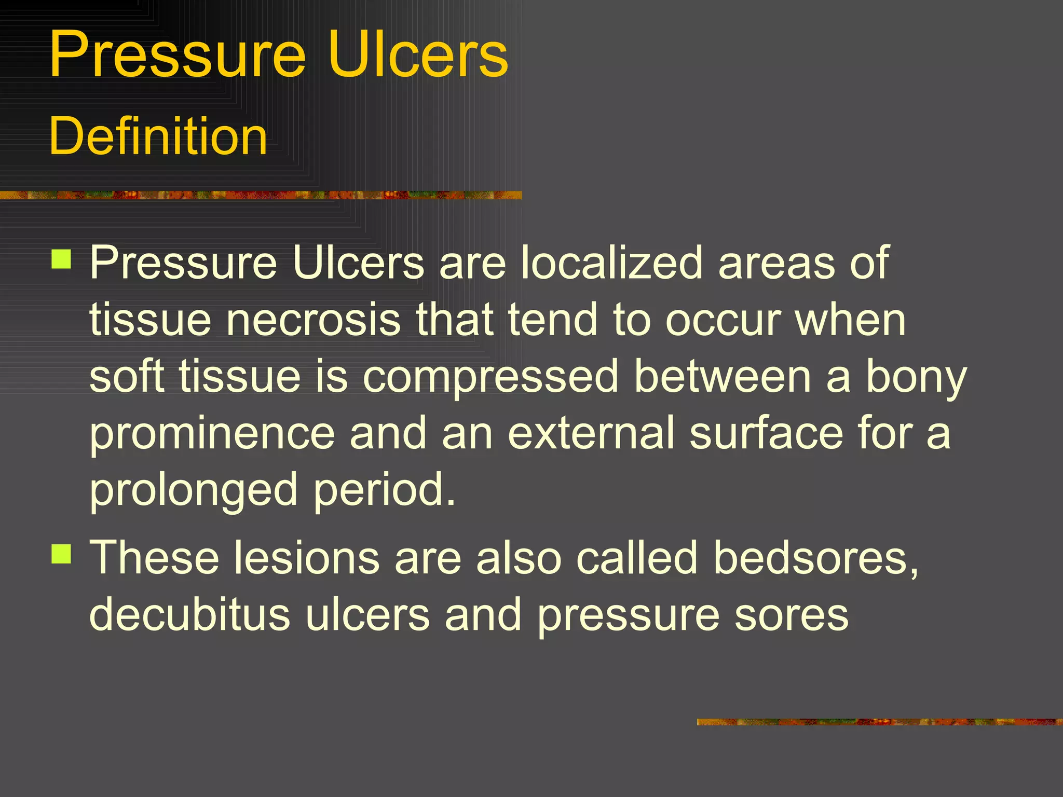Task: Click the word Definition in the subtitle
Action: click(x=158, y=136)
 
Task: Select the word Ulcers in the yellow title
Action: click(x=418, y=55)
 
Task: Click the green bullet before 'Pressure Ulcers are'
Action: click(x=62, y=259)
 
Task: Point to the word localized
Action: click(x=612, y=263)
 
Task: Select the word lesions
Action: click(x=306, y=558)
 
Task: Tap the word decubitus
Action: click(x=189, y=614)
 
